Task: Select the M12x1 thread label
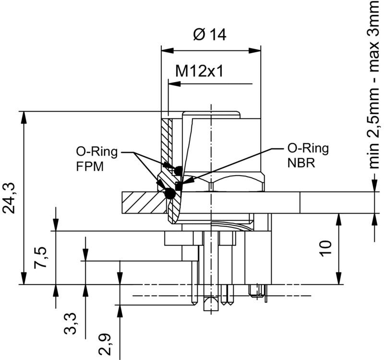click(200, 71)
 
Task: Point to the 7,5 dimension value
click(42, 258)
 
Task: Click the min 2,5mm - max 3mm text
click(375, 84)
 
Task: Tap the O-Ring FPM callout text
click(96, 159)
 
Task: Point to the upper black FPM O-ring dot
click(178, 170)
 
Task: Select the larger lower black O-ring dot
click(169, 194)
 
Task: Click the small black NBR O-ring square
click(179, 185)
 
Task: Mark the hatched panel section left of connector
click(142, 202)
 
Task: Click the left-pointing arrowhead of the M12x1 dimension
click(173, 84)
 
